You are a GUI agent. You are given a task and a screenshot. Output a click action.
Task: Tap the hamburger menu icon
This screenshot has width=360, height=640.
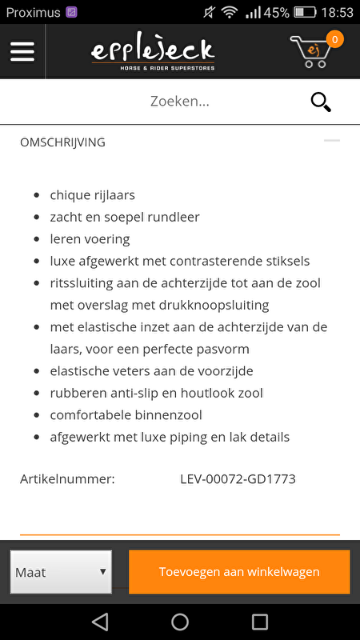pyautogui.click(x=22, y=51)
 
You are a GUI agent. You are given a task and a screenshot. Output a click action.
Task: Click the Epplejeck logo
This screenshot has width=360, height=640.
pyautogui.click(x=152, y=51)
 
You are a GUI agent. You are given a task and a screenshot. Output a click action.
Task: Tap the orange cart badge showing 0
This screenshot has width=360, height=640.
pyautogui.click(x=334, y=38)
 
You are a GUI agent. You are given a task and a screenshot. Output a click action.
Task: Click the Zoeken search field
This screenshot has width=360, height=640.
pyautogui.click(x=180, y=102)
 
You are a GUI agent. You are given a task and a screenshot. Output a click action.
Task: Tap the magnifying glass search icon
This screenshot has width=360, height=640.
pyautogui.click(x=320, y=102)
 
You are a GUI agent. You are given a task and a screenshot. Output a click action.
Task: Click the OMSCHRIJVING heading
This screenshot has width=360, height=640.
pyautogui.click(x=62, y=142)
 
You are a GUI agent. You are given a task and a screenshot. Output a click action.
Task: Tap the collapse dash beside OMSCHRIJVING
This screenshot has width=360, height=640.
pyautogui.click(x=331, y=141)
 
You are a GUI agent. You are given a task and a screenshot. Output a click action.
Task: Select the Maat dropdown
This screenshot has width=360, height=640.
pyautogui.click(x=61, y=572)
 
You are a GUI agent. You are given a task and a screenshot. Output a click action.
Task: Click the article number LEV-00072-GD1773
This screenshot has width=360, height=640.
pyautogui.click(x=238, y=479)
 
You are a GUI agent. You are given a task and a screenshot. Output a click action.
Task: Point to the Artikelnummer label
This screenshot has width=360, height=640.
pyautogui.click(x=67, y=479)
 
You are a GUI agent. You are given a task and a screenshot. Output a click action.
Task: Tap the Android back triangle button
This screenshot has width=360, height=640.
pyautogui.click(x=100, y=622)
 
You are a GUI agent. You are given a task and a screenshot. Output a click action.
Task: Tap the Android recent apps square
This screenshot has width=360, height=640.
pyautogui.click(x=260, y=622)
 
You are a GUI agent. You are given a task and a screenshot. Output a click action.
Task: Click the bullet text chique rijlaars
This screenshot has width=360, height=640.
pyautogui.click(x=92, y=195)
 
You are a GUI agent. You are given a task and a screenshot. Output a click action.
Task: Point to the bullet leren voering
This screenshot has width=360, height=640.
pyautogui.click(x=90, y=239)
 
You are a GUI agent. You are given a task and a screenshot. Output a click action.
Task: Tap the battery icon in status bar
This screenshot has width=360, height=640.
pyautogui.click(x=305, y=12)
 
